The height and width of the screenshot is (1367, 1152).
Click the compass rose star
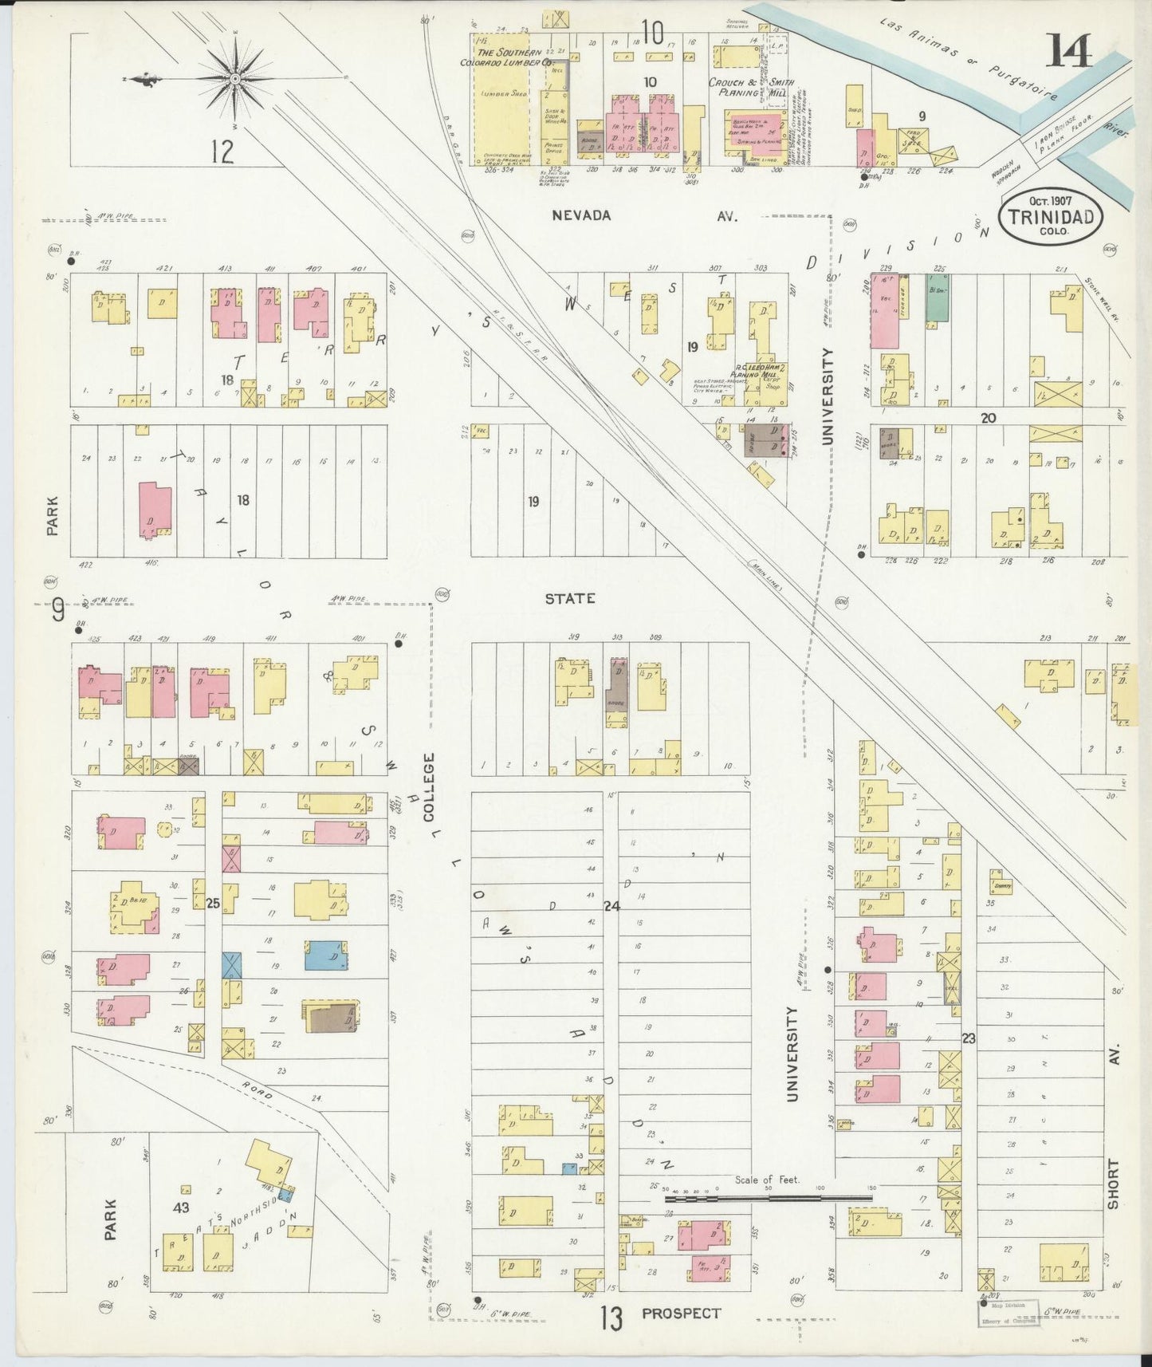236,79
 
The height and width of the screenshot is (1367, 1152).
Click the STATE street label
569,598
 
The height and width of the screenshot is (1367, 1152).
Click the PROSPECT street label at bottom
681,1313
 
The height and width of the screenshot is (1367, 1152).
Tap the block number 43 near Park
181,1207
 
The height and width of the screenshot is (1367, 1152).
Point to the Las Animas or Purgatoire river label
969,60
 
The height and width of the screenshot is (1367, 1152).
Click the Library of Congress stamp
1008,1311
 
